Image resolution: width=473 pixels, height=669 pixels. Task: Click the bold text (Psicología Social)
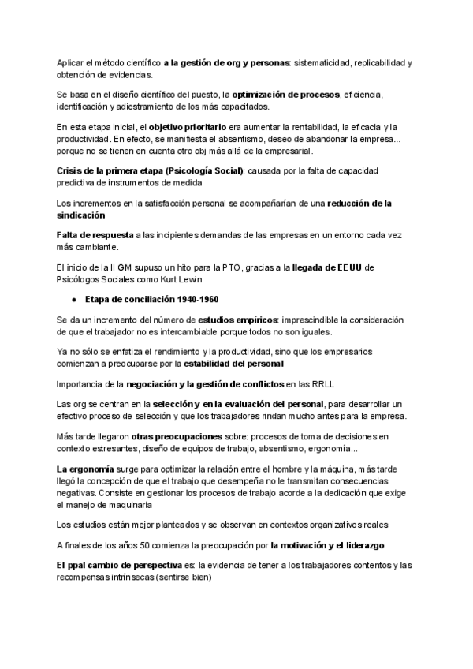coord(201,170)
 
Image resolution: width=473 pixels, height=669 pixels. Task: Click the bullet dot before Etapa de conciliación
coord(73,301)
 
